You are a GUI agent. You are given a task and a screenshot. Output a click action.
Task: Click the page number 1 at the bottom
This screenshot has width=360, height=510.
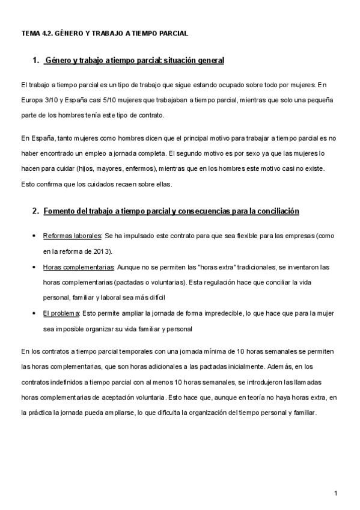click(x=336, y=493)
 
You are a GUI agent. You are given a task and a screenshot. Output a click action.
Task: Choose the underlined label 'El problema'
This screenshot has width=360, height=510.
click(x=61, y=313)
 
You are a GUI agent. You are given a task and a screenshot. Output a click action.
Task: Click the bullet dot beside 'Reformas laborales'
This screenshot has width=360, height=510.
click(x=34, y=236)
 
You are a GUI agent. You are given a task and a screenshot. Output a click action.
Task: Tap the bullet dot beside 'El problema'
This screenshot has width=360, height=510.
click(x=34, y=313)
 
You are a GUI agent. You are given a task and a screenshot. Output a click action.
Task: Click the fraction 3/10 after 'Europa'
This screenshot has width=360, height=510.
click(x=52, y=99)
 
